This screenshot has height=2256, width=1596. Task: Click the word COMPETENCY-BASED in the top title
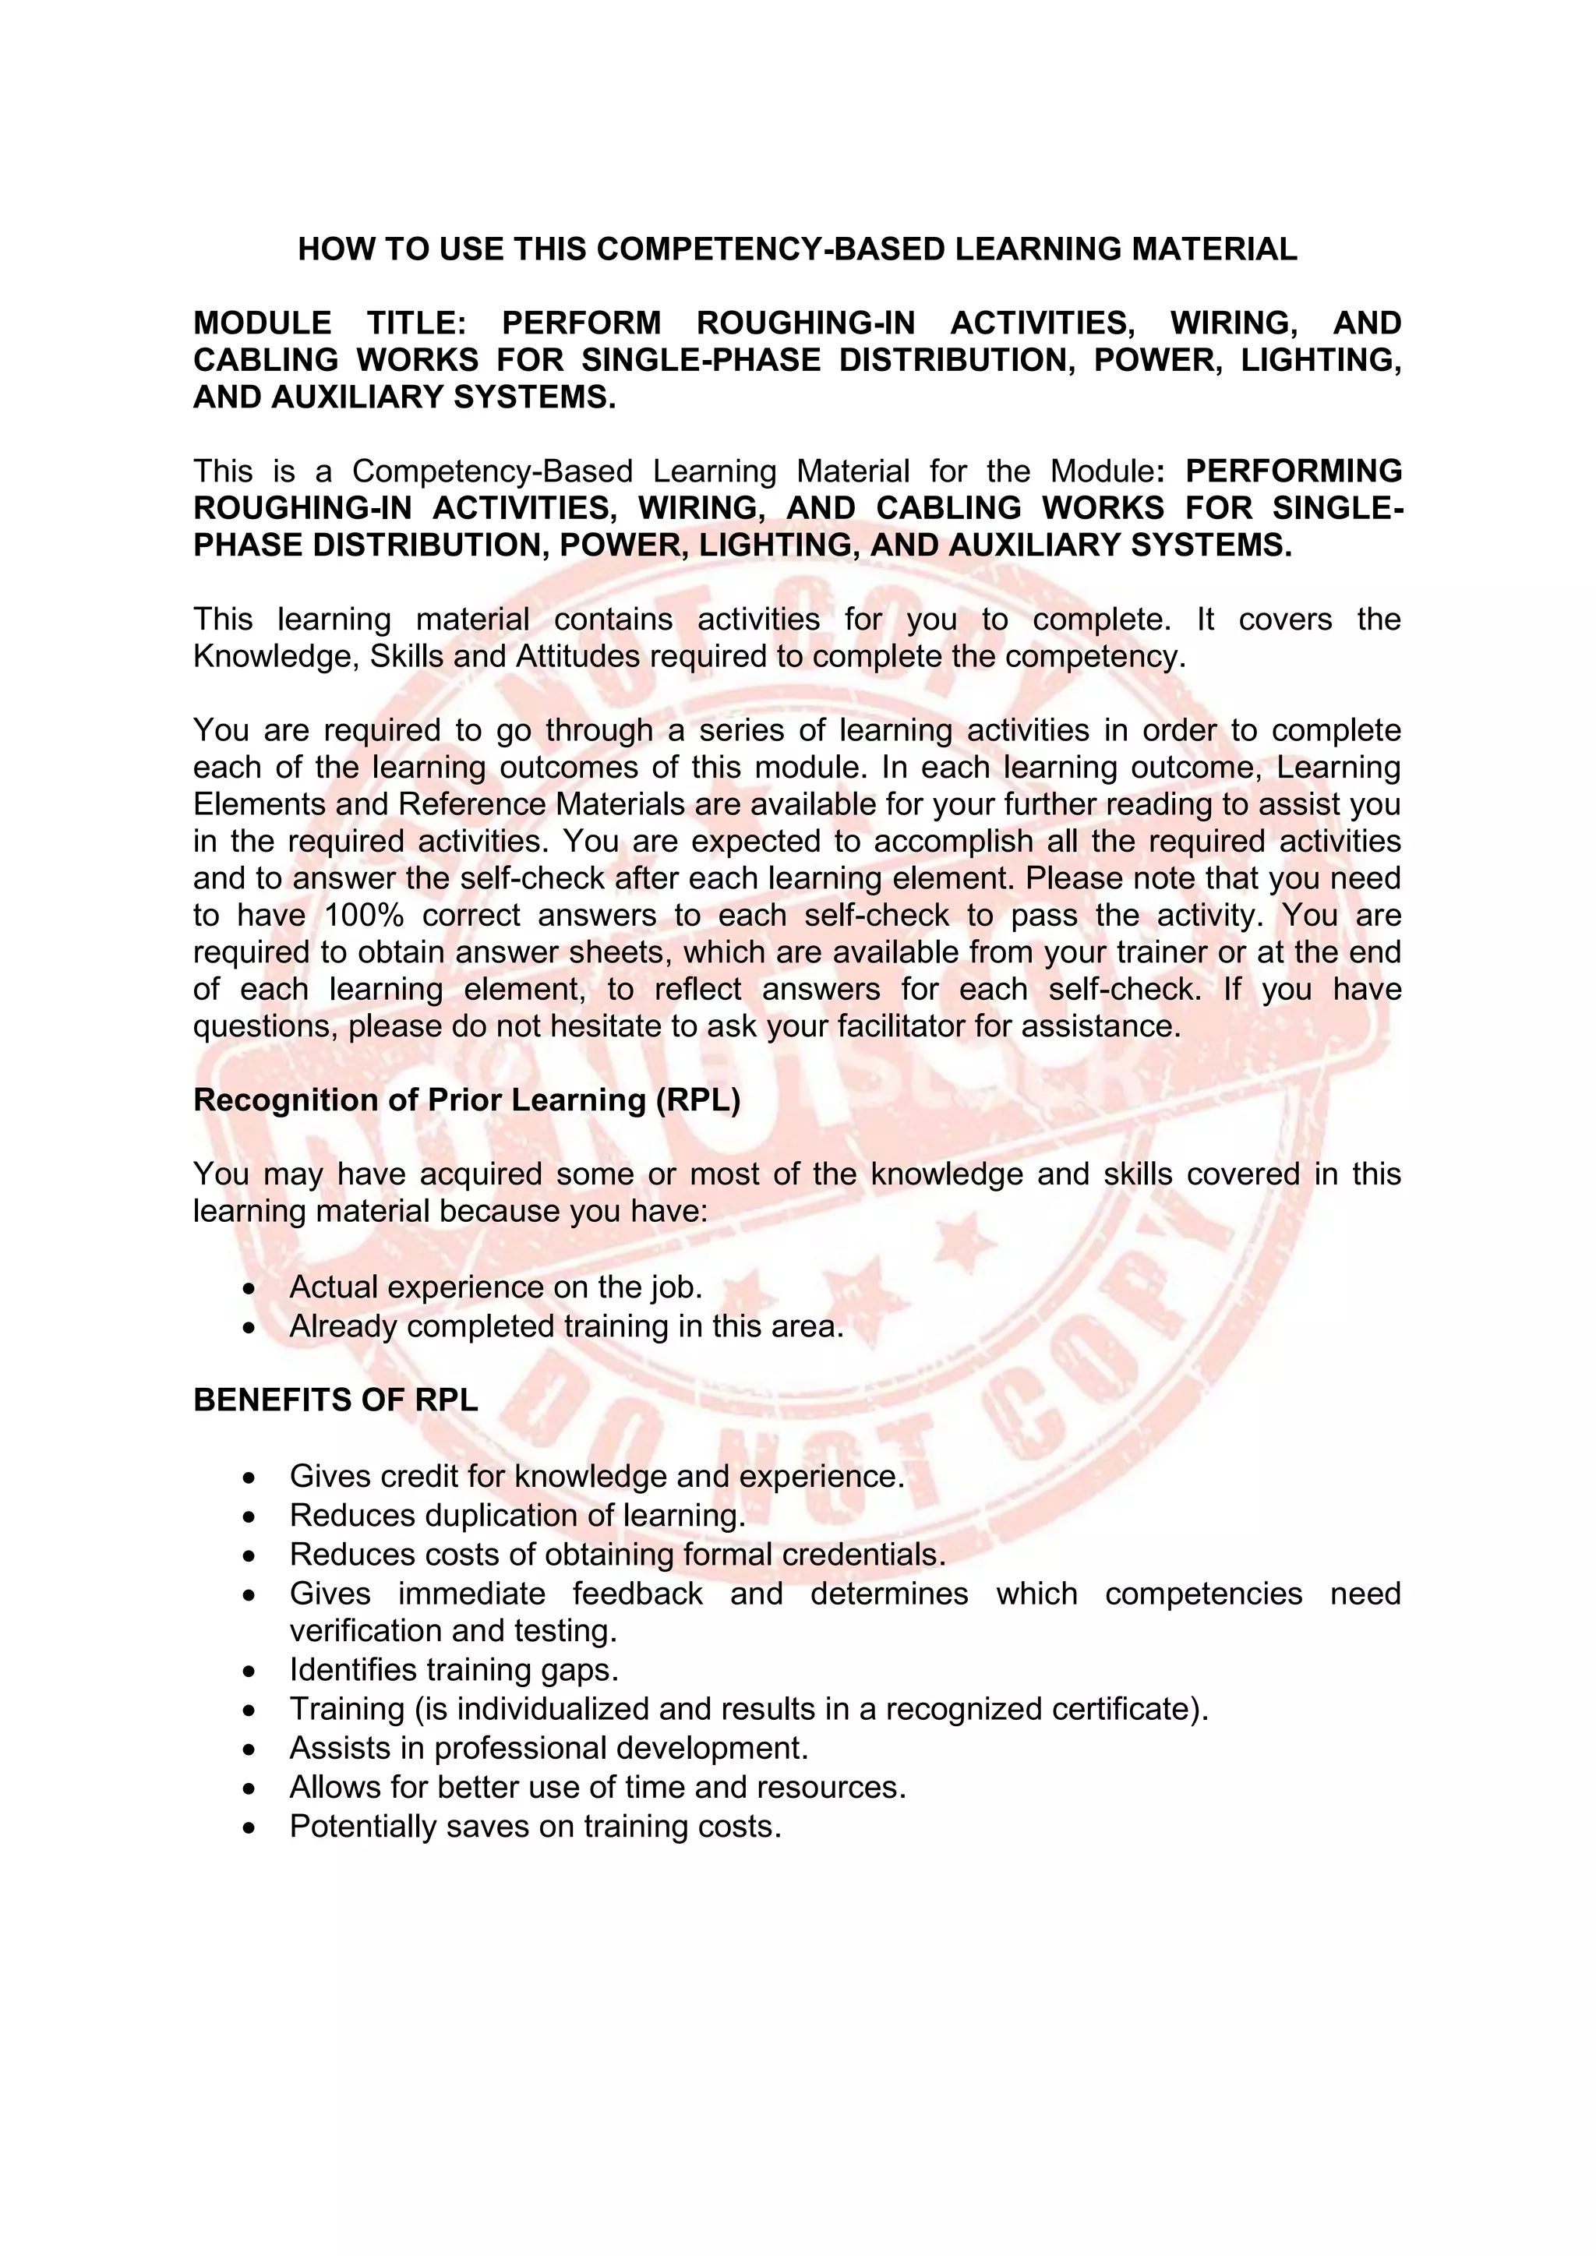coord(771,249)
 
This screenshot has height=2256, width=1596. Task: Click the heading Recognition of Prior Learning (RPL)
coord(467,1100)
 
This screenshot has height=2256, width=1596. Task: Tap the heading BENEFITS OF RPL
coord(335,1400)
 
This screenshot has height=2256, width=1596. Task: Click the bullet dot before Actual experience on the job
coord(252,1288)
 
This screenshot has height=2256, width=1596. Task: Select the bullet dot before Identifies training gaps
coord(252,1671)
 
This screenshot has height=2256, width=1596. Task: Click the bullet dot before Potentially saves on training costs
coord(252,1827)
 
